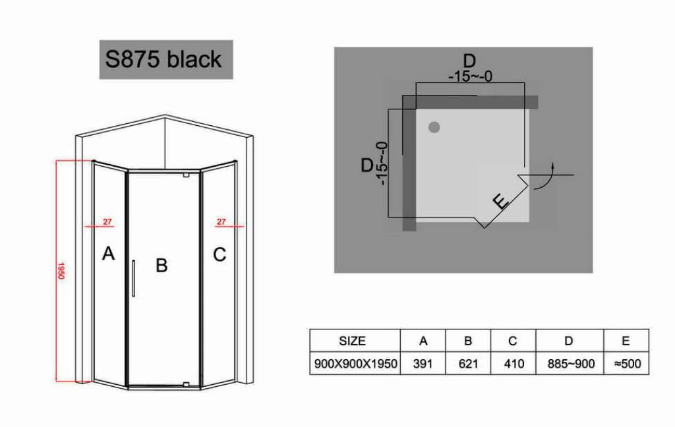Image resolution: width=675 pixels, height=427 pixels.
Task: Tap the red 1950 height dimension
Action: [x=61, y=271]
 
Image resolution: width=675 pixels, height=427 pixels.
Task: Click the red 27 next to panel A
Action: [x=107, y=222]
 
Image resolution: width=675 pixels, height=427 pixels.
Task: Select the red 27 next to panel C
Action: [x=221, y=222]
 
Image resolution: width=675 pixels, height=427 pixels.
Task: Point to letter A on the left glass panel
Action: [x=109, y=254]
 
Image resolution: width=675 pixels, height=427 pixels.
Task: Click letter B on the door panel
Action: [x=161, y=265]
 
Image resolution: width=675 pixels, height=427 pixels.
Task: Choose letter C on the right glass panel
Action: [x=220, y=254]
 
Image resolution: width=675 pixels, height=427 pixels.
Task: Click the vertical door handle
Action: [x=133, y=279]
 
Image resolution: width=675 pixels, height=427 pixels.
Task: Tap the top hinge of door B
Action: [x=187, y=175]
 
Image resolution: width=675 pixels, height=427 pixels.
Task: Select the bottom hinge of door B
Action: [x=187, y=384]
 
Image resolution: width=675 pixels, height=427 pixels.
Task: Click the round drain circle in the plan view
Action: [x=434, y=127]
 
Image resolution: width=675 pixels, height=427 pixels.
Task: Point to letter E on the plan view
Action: [x=501, y=202]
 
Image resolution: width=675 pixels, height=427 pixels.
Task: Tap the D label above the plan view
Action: [x=469, y=61]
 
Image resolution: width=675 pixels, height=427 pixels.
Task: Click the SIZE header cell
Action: [x=352, y=341]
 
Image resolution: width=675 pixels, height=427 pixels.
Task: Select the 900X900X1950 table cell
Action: [x=355, y=364]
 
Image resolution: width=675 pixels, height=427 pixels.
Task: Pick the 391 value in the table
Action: [x=423, y=364]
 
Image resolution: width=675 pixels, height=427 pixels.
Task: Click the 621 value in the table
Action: [x=468, y=364]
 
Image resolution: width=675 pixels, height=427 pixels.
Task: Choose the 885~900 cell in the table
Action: [x=571, y=364]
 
